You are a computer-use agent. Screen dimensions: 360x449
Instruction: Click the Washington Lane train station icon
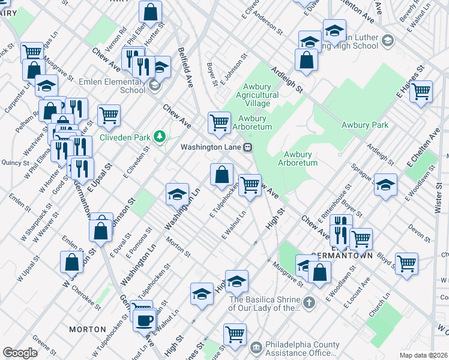point(247,147)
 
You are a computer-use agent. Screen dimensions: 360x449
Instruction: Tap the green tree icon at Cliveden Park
point(160,137)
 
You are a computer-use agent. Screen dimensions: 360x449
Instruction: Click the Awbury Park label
point(365,125)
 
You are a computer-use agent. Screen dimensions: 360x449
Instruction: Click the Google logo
point(19,353)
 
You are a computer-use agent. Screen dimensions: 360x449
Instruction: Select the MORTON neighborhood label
point(88,329)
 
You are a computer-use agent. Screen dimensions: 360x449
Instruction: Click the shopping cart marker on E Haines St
point(421,91)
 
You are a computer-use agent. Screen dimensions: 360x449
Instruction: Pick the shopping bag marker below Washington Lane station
point(221,175)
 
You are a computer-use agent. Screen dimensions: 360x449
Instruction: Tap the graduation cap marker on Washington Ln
point(178,194)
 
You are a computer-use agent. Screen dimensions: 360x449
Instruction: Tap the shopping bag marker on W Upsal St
point(72,262)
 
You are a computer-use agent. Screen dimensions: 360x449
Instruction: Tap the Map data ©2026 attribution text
point(424,355)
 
